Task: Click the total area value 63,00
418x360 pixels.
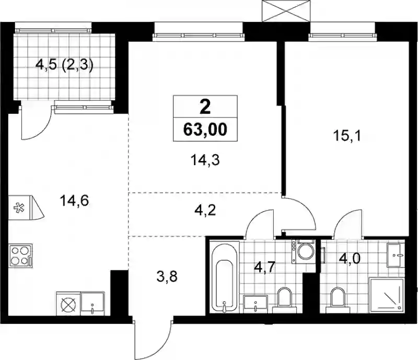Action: [205, 130]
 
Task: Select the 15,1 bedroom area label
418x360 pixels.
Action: [347, 136]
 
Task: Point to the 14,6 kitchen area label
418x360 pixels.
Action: [74, 201]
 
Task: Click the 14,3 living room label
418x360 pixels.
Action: [205, 160]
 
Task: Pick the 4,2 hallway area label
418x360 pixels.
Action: [205, 211]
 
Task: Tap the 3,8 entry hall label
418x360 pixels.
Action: [167, 276]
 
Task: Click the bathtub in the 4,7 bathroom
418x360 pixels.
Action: [225, 276]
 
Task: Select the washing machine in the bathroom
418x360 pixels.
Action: [304, 252]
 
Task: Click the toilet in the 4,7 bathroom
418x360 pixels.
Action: [285, 299]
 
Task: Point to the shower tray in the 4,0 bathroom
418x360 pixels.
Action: [387, 294]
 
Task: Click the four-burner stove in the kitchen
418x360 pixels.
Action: [21, 256]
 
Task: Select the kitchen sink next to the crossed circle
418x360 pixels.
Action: [92, 303]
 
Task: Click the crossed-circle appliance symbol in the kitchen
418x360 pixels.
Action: [68, 304]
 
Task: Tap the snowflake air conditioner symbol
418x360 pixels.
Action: [19, 208]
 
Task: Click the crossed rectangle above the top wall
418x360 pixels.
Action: [286, 10]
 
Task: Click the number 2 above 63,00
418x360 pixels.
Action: [205, 107]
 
